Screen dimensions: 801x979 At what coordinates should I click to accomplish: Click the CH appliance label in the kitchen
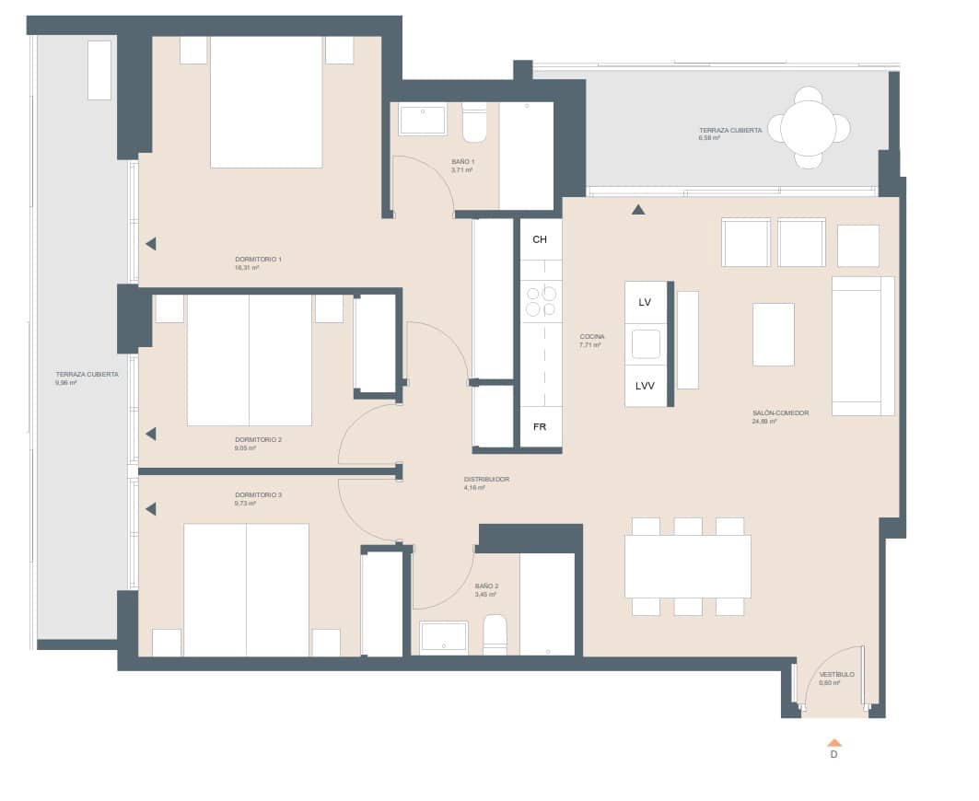(540, 239)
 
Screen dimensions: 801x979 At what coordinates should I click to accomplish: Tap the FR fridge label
(540, 427)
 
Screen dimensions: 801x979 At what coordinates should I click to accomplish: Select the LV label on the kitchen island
(645, 302)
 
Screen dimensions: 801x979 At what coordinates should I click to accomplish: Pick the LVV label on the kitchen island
(645, 386)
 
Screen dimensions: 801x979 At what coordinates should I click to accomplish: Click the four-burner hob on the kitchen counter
(541, 302)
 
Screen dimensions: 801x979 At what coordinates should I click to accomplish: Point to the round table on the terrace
(809, 128)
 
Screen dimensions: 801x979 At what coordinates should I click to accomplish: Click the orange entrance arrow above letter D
(834, 742)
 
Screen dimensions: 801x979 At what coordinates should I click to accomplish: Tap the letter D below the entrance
(834, 755)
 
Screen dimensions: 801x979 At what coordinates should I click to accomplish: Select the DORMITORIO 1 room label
(258, 260)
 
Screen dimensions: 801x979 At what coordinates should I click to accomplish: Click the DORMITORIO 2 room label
(258, 440)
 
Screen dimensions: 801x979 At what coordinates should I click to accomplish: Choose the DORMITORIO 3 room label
(258, 495)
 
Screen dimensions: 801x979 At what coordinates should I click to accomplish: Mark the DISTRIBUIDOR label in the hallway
(486, 480)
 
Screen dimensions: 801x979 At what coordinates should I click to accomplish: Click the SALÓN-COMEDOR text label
(780, 413)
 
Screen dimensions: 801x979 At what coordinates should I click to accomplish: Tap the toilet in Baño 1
(474, 122)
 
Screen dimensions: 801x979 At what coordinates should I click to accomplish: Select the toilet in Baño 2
(495, 635)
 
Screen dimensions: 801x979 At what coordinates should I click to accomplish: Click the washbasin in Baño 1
(423, 119)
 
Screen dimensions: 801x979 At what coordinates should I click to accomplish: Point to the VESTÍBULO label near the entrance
(836, 675)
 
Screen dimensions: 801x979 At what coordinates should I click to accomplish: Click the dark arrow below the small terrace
(638, 209)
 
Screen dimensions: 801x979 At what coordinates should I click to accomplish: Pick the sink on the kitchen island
(646, 343)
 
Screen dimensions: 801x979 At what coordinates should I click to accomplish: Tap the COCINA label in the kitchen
(591, 337)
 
